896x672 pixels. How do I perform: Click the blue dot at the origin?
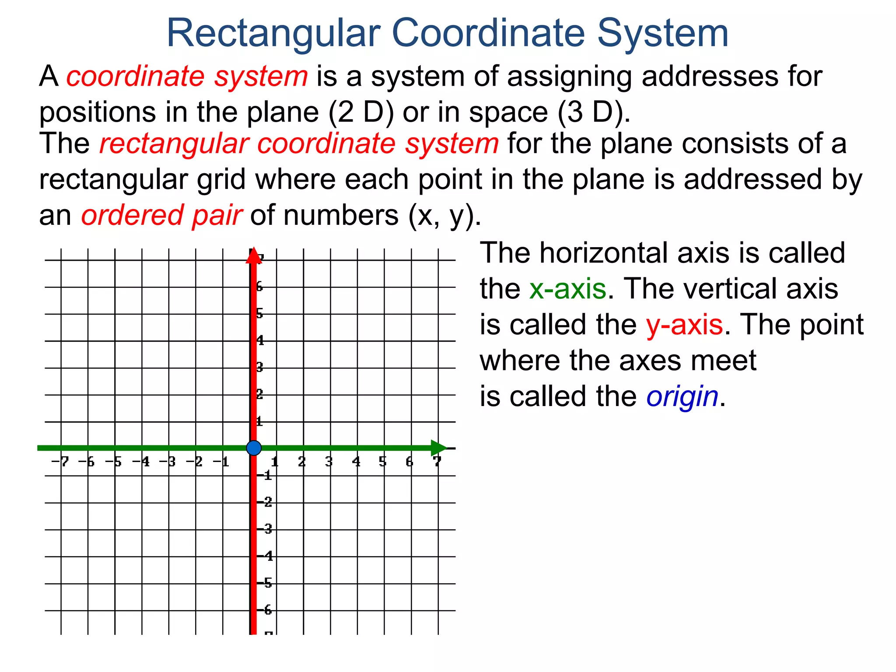coord(254,448)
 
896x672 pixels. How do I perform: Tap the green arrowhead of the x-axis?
coord(438,448)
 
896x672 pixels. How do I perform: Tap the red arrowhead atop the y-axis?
coord(253,256)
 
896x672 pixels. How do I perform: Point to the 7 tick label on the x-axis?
coord(437,462)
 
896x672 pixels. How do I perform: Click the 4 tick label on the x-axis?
coord(356,462)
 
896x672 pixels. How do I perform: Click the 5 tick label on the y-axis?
coord(259,314)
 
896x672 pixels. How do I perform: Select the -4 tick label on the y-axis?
coord(266,556)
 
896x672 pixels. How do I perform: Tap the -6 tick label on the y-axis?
coord(266,610)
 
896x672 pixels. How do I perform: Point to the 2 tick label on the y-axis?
coord(259,395)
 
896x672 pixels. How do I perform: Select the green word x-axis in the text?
coord(567,289)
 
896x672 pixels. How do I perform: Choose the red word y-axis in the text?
coord(684,325)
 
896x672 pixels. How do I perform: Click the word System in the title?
coord(663,33)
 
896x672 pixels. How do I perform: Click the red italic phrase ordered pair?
coord(161,216)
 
